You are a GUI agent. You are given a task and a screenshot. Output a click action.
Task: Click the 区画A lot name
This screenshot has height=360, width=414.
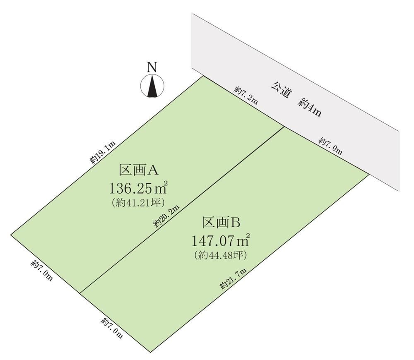click(138, 170)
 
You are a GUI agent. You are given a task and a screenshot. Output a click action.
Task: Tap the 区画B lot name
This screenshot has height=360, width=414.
click(221, 222)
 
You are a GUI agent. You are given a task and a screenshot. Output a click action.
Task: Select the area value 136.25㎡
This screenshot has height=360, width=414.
click(139, 188)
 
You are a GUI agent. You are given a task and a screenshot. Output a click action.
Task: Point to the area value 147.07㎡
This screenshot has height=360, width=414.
click(221, 240)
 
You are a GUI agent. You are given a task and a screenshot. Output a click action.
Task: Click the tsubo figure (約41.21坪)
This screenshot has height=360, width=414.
click(138, 203)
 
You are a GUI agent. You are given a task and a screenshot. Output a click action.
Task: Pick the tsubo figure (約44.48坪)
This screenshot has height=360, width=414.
click(221, 255)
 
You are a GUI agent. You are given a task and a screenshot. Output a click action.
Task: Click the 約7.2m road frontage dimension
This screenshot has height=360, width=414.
click(246, 95)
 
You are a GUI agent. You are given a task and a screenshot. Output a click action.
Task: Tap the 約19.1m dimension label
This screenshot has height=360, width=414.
click(103, 153)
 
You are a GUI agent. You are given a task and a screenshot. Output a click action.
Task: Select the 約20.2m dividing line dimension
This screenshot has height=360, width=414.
click(166, 216)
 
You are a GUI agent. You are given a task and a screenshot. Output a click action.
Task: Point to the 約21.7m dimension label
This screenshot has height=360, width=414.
click(233, 279)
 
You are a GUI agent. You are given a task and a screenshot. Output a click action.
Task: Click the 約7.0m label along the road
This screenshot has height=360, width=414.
click(330, 146)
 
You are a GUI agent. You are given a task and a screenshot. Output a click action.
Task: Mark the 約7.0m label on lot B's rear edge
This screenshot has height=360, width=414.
click(112, 328)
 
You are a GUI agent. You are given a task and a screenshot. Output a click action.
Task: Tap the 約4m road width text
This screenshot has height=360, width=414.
click(310, 108)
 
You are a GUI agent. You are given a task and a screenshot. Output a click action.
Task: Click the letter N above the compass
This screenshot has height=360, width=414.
click(152, 67)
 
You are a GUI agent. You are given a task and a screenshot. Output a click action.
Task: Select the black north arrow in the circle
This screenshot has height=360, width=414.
click(152, 86)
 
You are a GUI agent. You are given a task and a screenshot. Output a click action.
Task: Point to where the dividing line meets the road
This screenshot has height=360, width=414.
click(284, 127)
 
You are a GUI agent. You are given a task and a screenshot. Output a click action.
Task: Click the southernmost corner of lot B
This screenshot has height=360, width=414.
click(150, 353)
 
